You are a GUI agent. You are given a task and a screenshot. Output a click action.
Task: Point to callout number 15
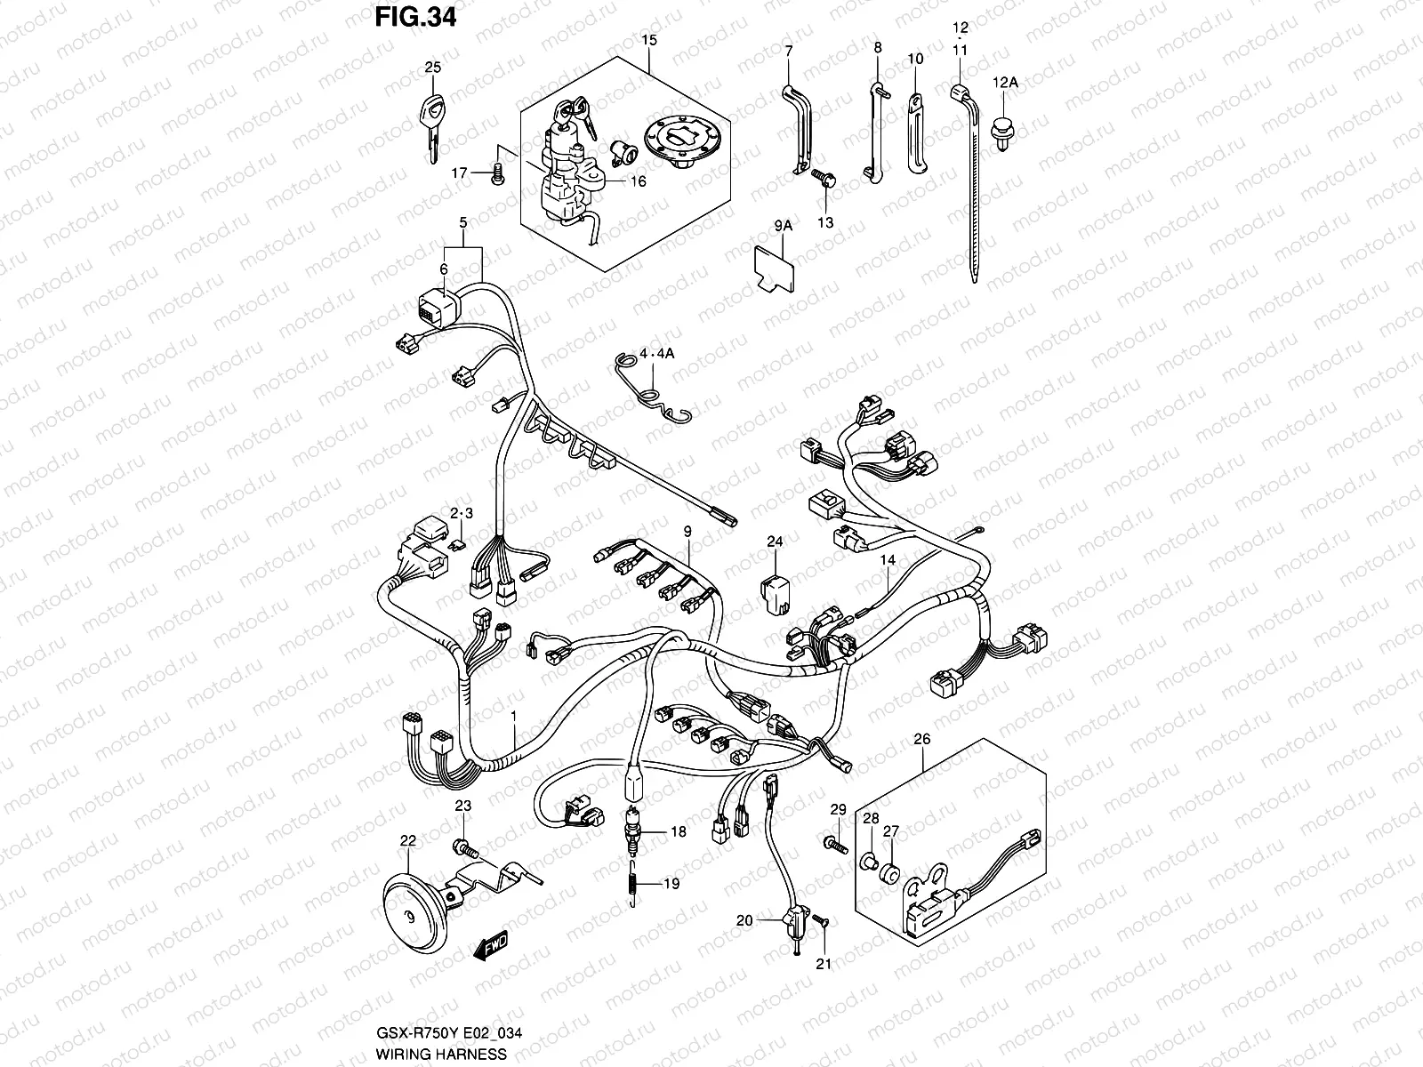coord(648,41)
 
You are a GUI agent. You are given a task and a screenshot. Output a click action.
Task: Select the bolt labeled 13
coord(825,181)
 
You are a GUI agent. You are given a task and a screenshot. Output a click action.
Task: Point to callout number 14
coord(888,560)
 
